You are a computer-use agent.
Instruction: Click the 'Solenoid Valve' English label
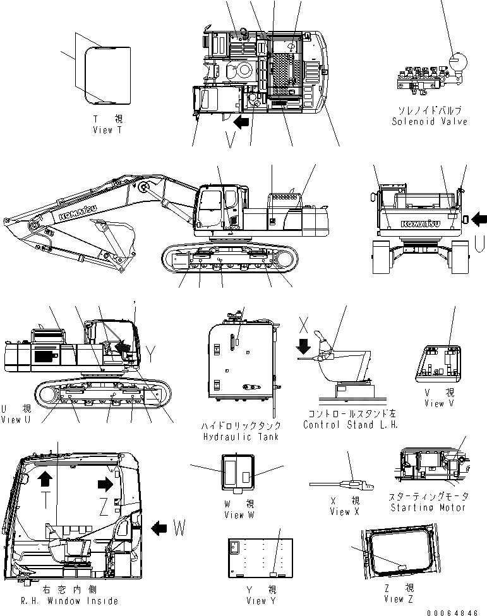pos(430,121)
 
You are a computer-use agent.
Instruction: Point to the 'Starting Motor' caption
pos(428,507)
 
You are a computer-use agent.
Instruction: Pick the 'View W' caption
pos(238,515)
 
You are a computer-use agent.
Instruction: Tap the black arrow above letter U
pos(479,219)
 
